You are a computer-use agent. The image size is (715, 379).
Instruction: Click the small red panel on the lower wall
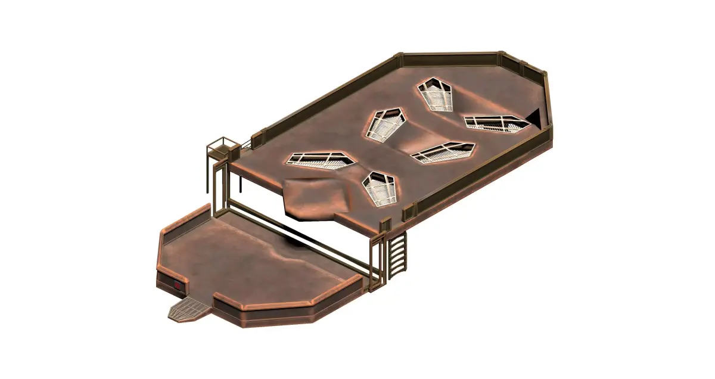click(178, 286)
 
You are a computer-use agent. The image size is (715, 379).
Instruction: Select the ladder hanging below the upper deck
click(397, 255)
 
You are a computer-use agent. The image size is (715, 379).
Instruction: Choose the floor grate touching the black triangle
click(496, 123)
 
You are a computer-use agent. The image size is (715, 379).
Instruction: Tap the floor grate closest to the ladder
click(380, 188)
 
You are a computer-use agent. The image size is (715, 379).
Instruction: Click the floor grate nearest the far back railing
click(435, 95)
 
